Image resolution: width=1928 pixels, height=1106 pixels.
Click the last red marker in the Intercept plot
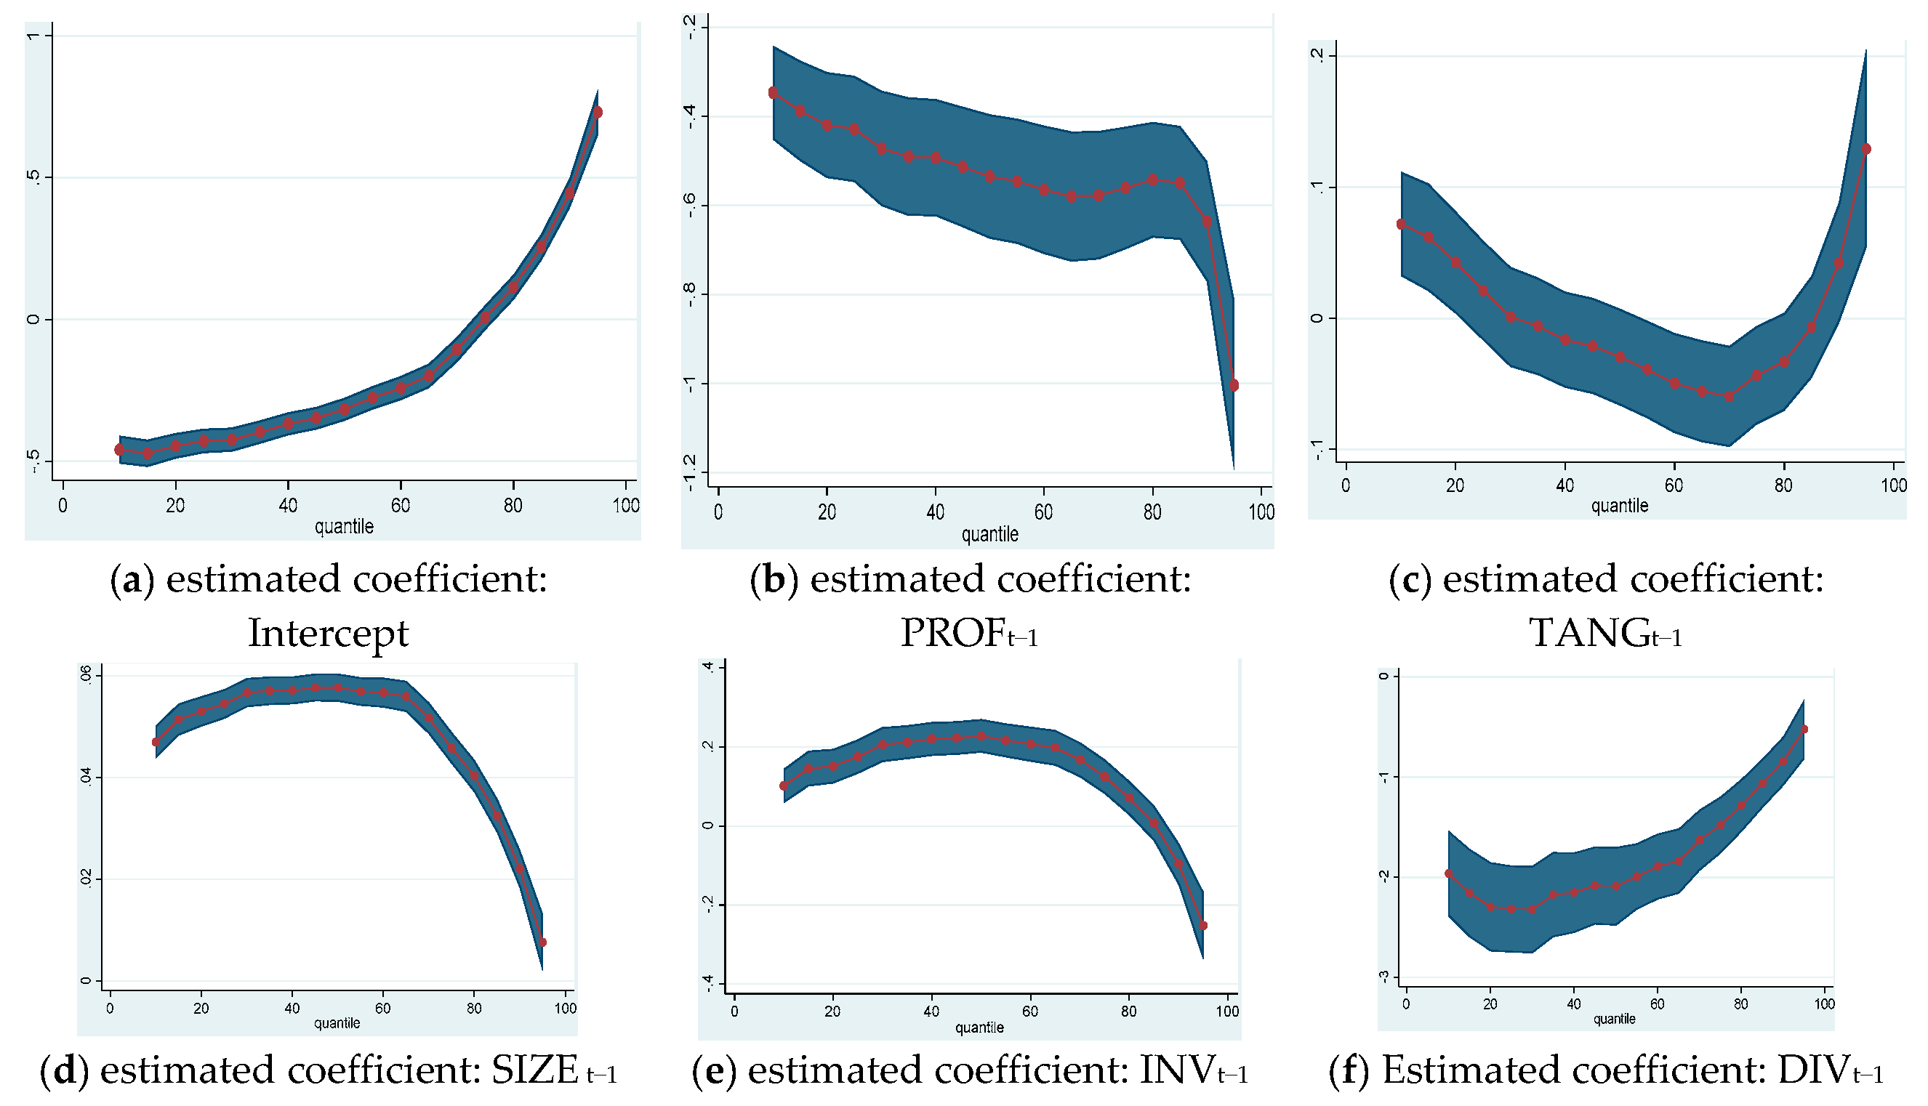(x=598, y=113)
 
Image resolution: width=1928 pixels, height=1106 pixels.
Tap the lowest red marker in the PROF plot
(x=1234, y=386)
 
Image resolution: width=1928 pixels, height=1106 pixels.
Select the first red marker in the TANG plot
(x=1402, y=224)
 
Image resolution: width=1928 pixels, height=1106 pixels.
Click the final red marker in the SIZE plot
(x=542, y=942)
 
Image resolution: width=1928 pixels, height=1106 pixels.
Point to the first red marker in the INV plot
(x=784, y=786)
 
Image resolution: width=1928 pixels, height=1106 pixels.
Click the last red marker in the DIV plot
(x=1804, y=730)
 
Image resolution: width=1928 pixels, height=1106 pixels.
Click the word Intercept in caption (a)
(x=329, y=633)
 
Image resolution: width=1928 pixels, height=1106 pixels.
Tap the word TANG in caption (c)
(x=1588, y=633)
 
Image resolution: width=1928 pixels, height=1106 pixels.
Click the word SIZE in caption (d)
(x=535, y=1070)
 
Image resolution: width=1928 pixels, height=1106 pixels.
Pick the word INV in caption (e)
(x=1176, y=1070)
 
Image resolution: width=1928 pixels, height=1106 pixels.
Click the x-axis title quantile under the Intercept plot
(x=345, y=526)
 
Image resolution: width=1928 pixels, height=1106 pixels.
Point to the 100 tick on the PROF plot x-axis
(x=1261, y=513)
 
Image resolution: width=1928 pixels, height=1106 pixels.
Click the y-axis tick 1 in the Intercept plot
(x=33, y=36)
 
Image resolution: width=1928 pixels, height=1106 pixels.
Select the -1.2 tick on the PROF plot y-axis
(x=689, y=472)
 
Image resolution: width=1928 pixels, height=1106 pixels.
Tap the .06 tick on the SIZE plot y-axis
(x=86, y=674)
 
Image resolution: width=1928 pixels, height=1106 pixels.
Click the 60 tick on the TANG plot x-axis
(x=1674, y=485)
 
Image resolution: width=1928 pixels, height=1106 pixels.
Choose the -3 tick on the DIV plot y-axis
(x=1384, y=977)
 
